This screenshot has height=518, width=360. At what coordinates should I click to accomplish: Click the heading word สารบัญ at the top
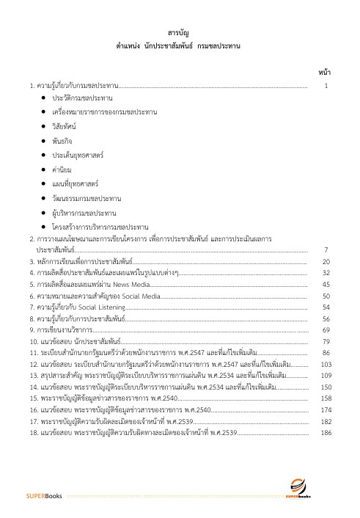point(180,34)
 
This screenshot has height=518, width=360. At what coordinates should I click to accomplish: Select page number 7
point(326,250)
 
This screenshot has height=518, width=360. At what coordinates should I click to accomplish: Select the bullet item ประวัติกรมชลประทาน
point(81,98)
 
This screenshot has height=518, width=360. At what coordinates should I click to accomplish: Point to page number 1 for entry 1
point(326,86)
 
